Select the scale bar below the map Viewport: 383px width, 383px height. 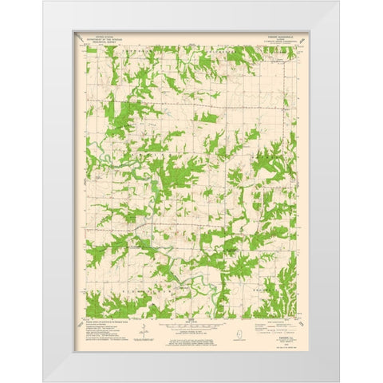click(191, 325)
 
